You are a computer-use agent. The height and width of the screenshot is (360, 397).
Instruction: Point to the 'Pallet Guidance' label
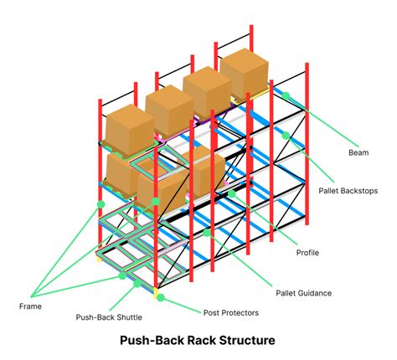(304, 292)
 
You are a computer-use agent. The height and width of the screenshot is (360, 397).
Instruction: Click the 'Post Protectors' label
(232, 312)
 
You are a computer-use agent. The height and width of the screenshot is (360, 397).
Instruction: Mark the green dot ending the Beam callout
(285, 95)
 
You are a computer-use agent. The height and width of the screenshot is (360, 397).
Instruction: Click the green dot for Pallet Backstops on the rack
(285, 135)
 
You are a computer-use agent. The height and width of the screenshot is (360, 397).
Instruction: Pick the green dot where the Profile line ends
(232, 193)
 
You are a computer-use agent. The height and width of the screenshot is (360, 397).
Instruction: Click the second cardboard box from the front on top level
(169, 109)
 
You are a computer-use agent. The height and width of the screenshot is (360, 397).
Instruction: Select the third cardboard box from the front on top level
(208, 90)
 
